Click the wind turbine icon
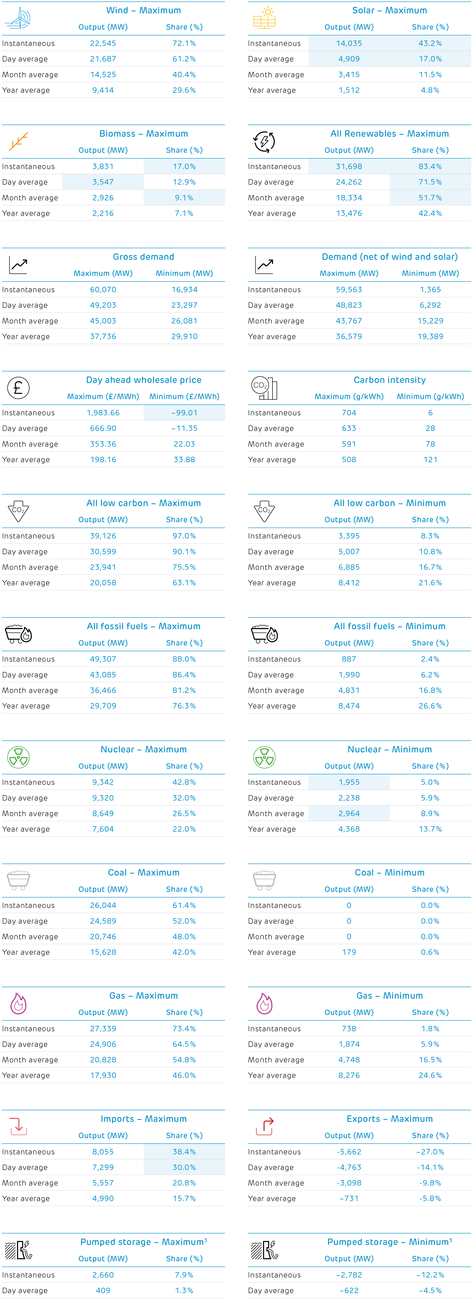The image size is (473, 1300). [x=18, y=18]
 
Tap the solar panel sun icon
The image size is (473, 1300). [x=264, y=18]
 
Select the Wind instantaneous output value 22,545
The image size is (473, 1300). [x=103, y=43]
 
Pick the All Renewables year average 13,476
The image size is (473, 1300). [x=349, y=213]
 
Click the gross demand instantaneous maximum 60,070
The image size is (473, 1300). [x=103, y=290]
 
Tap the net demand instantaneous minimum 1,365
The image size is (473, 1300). [x=430, y=290]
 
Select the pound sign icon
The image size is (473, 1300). [x=18, y=388]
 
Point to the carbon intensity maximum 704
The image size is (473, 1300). [x=349, y=413]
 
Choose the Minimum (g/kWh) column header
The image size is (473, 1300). [x=430, y=397]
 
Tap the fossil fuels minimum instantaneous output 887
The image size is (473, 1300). [x=349, y=659]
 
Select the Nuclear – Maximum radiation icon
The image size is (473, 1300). [x=18, y=758]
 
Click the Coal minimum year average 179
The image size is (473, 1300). [x=349, y=952]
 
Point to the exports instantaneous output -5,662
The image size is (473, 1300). [x=349, y=1152]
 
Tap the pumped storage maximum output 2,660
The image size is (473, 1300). [x=103, y=1275]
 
